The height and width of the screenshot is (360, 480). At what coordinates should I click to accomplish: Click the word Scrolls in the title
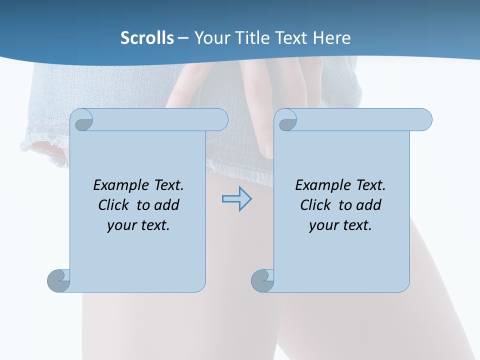point(147,38)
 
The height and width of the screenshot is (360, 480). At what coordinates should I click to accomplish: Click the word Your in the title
point(211,38)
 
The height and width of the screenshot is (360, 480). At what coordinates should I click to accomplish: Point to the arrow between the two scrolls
point(236,199)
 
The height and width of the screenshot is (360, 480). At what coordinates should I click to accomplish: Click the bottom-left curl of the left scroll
point(58,280)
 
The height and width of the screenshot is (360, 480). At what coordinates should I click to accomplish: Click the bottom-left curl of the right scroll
point(262,280)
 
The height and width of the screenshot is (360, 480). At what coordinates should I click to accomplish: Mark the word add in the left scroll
point(167,205)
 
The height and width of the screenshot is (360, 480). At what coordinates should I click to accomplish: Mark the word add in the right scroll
point(369,205)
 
